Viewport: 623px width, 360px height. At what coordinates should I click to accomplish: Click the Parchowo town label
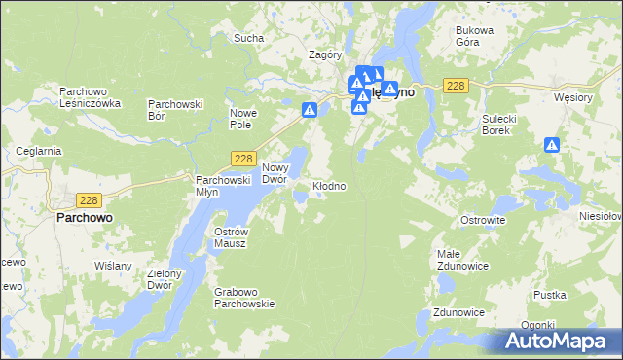click(82, 219)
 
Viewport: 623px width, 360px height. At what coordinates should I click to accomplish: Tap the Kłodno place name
click(328, 185)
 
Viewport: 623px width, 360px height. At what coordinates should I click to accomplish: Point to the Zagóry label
click(324, 55)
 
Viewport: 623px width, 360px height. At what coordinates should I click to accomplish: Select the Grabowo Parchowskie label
click(245, 297)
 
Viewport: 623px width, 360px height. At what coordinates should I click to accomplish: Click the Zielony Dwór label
click(165, 279)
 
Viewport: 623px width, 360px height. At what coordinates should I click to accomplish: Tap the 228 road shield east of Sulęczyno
click(456, 87)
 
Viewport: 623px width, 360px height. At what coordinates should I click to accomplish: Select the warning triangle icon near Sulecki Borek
click(552, 145)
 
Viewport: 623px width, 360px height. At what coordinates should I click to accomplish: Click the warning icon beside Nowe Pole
click(310, 111)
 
